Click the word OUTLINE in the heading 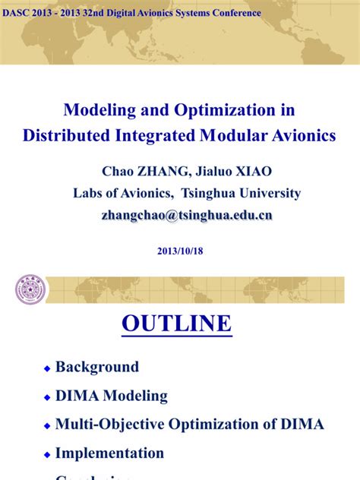pos(177,324)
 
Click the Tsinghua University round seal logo pos(30,289)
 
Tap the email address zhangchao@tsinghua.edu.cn pos(186,215)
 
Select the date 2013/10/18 pos(179,249)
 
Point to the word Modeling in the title pos(96,110)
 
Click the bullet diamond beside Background pos(47,368)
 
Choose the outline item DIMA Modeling pos(112,396)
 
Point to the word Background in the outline pos(97,367)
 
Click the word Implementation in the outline pos(109,453)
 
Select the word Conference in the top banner pos(235,13)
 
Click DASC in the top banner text pos(18,13)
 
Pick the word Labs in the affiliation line pos(87,193)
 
